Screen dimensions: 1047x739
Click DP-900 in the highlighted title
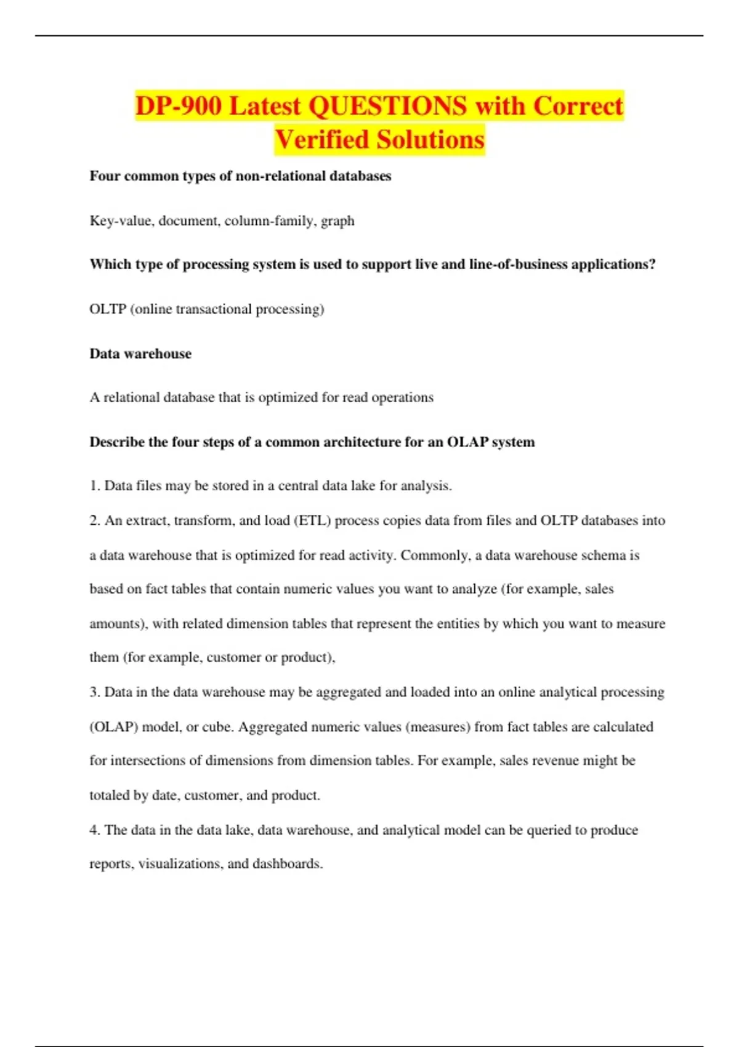point(178,106)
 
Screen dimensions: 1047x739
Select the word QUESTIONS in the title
point(387,106)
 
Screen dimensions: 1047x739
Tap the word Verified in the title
point(320,140)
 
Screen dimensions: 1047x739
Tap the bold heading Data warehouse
point(140,354)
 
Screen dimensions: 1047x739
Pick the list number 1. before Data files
point(95,486)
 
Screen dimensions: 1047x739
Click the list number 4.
point(95,830)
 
